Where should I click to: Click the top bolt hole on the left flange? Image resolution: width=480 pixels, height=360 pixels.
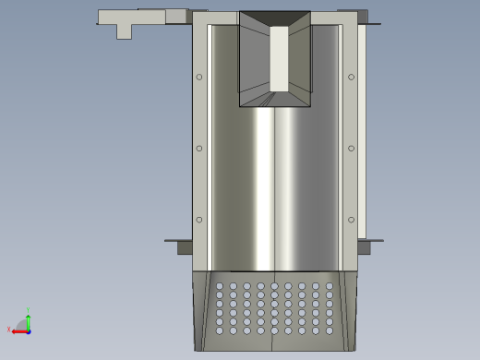pyautogui.click(x=199, y=77)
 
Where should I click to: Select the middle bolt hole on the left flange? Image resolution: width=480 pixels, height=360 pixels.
pyautogui.click(x=199, y=148)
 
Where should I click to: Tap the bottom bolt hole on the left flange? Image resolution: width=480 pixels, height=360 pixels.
pyautogui.click(x=199, y=220)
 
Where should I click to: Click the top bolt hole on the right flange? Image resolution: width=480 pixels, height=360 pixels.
pyautogui.click(x=351, y=77)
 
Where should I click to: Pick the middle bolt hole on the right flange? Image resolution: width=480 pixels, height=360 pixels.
pyautogui.click(x=351, y=148)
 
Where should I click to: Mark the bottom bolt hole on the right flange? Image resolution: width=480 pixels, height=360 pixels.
pyautogui.click(x=351, y=220)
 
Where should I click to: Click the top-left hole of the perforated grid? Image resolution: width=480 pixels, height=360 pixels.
pyautogui.click(x=219, y=286)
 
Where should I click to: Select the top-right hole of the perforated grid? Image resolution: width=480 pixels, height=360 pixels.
pyautogui.click(x=330, y=286)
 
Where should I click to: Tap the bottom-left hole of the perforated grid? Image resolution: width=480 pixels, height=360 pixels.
pyautogui.click(x=219, y=330)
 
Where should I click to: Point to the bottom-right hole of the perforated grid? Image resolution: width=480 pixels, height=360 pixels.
pyautogui.click(x=330, y=330)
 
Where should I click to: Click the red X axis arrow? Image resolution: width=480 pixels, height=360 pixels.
pyautogui.click(x=19, y=331)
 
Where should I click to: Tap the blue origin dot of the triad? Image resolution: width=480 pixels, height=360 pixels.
pyautogui.click(x=29, y=330)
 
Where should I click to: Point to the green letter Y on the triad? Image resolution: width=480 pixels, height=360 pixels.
pyautogui.click(x=29, y=310)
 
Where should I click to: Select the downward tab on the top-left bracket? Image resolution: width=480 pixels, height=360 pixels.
pyautogui.click(x=124, y=31)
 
